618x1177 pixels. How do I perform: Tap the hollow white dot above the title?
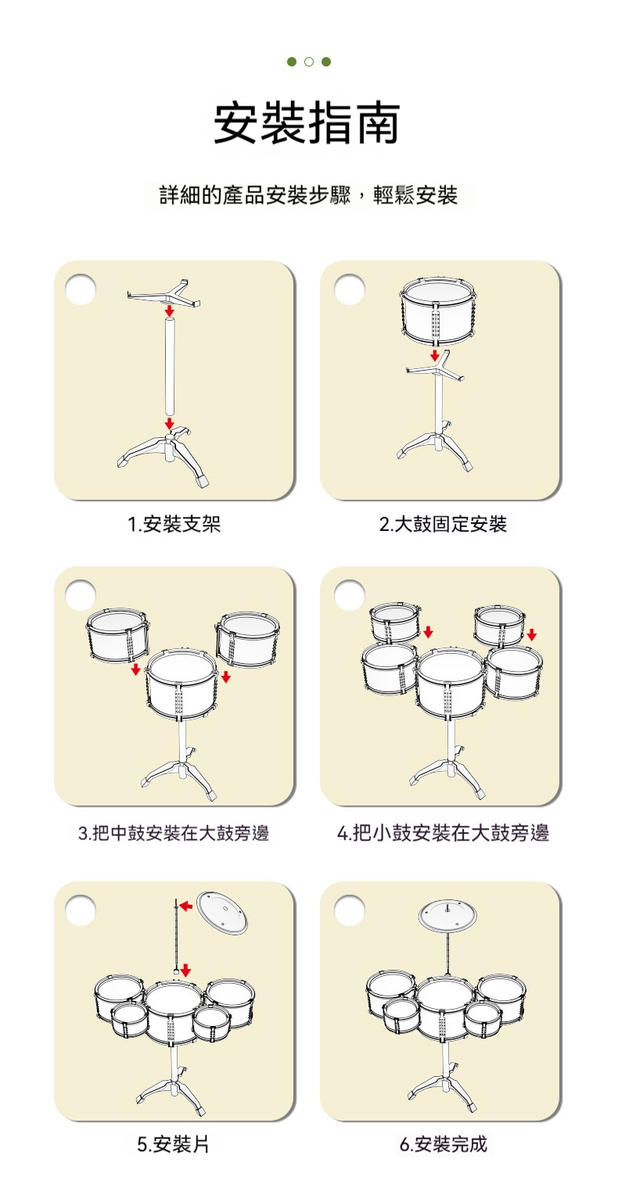click(x=309, y=62)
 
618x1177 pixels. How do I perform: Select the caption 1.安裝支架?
click(x=174, y=524)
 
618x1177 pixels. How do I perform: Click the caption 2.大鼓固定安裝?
click(x=443, y=524)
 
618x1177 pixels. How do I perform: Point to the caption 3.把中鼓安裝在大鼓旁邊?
click(x=174, y=833)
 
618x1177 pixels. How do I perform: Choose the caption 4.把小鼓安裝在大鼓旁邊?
click(x=443, y=833)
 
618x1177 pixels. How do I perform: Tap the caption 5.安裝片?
click(x=174, y=1144)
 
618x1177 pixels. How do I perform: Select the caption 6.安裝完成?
click(x=444, y=1144)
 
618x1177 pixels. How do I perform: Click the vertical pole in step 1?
click(x=169, y=367)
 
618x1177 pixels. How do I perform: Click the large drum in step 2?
click(x=438, y=311)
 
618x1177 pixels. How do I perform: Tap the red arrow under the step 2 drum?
click(x=435, y=355)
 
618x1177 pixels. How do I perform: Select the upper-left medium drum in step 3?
click(x=117, y=636)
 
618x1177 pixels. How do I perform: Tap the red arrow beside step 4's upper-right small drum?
click(x=532, y=634)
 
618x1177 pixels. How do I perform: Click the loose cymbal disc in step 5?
click(x=221, y=912)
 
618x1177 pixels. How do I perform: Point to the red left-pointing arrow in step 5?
click(x=186, y=906)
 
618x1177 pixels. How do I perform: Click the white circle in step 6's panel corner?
click(x=350, y=910)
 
